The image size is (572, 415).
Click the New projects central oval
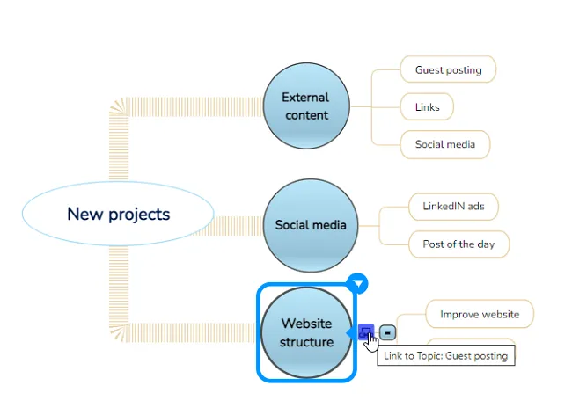point(118,214)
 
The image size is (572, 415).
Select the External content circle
point(306,106)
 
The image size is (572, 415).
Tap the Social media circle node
point(311,225)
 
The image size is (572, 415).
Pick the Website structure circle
point(306,332)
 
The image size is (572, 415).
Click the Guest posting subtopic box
point(448,69)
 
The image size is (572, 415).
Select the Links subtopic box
point(427,107)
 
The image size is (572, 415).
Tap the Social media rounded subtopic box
point(445,144)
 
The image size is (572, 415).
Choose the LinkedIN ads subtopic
point(453,207)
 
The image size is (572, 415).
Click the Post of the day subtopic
point(458,244)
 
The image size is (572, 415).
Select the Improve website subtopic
point(480,314)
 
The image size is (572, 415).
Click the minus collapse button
point(387,332)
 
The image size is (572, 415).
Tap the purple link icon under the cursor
point(365,331)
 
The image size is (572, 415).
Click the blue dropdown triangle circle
point(357,283)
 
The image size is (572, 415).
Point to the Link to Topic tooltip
point(446,355)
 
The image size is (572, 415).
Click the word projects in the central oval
point(139,215)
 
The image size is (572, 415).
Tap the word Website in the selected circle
point(306,324)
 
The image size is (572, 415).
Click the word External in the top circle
point(305,98)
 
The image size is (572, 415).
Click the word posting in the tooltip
point(490,356)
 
